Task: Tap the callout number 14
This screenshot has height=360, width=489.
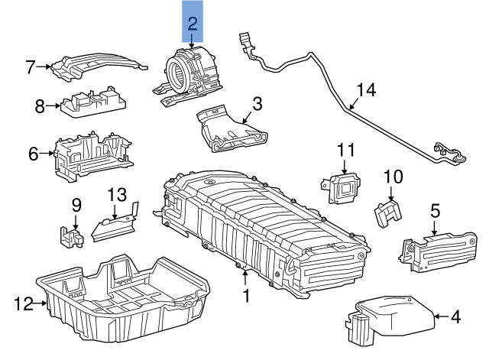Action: pyautogui.click(x=366, y=90)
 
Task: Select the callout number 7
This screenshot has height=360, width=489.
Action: pyautogui.click(x=31, y=67)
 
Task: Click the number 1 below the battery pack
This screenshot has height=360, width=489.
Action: pyautogui.click(x=246, y=294)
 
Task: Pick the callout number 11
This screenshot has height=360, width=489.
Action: pyautogui.click(x=347, y=148)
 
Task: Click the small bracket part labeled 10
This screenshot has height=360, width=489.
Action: pyautogui.click(x=388, y=211)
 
